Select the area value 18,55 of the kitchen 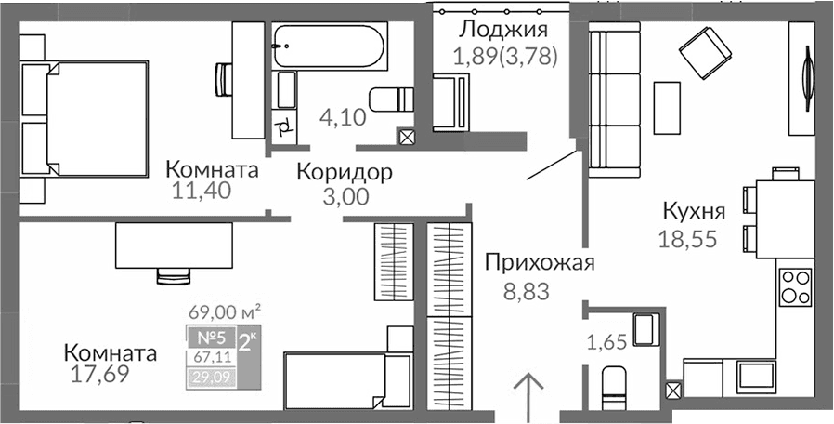687,238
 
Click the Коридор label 345,172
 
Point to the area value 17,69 99,375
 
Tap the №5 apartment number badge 210,338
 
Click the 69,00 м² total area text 224,311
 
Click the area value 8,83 527,292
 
